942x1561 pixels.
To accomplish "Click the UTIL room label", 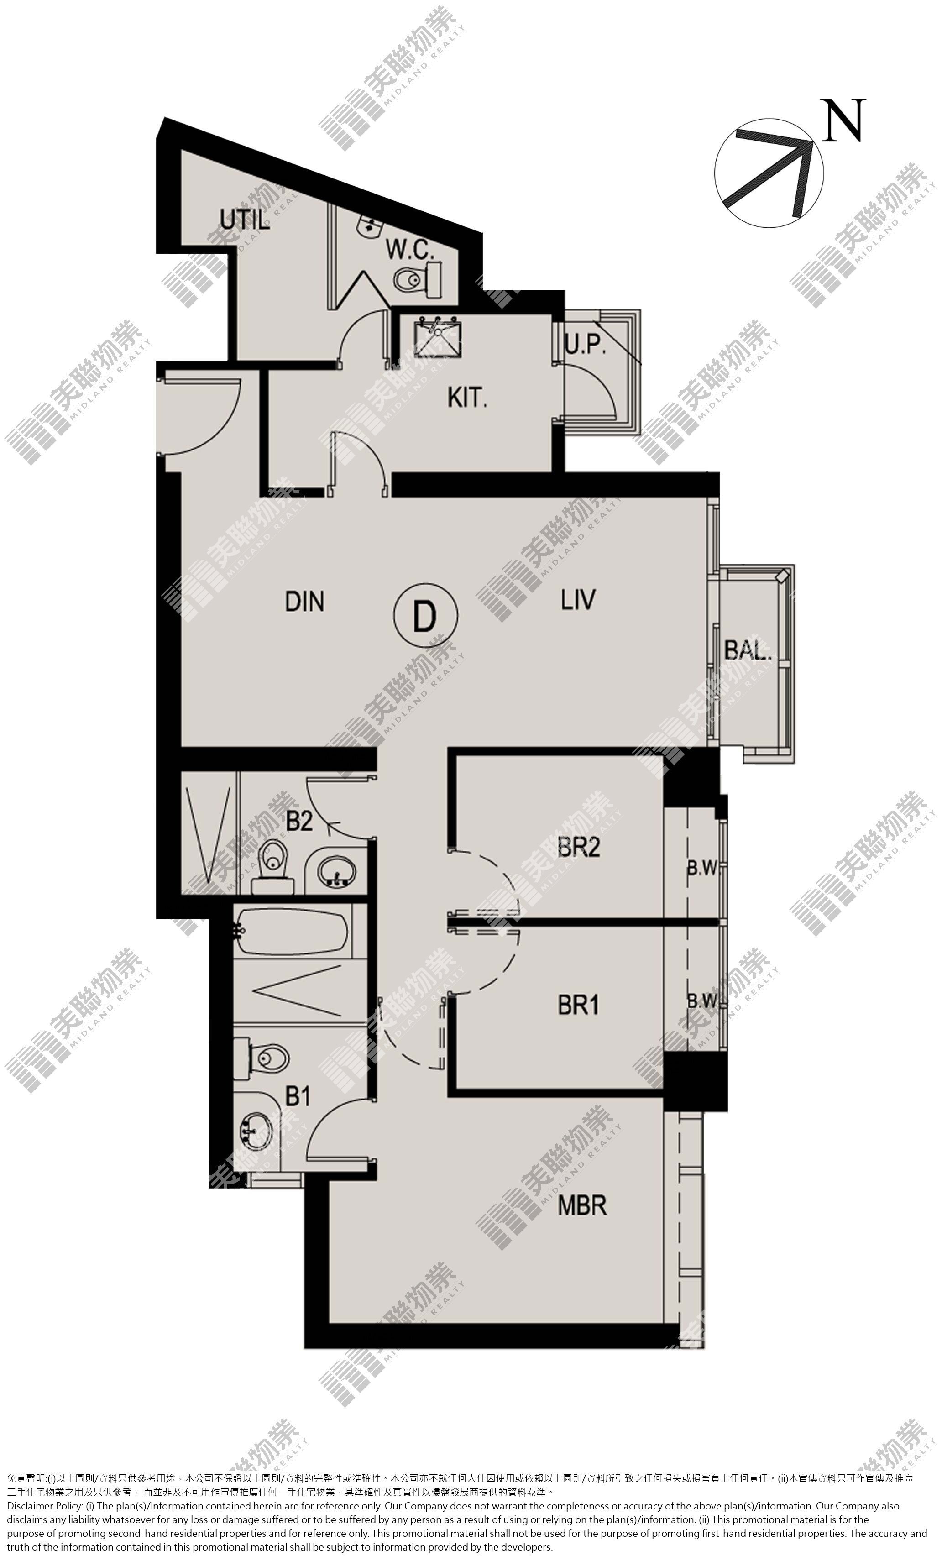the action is (x=245, y=220).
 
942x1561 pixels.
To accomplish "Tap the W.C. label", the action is (x=410, y=250).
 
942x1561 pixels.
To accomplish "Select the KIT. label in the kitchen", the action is (x=467, y=398).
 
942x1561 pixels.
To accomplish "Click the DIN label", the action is (x=305, y=601).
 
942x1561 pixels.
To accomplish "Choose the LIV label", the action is (x=578, y=599).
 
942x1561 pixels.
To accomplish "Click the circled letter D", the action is (x=425, y=615).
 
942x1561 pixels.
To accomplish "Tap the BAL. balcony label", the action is (x=748, y=650).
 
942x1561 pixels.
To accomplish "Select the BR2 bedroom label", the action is (x=578, y=847).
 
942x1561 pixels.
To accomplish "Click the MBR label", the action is (x=582, y=1205).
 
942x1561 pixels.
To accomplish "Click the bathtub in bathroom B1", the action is (x=292, y=931).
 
